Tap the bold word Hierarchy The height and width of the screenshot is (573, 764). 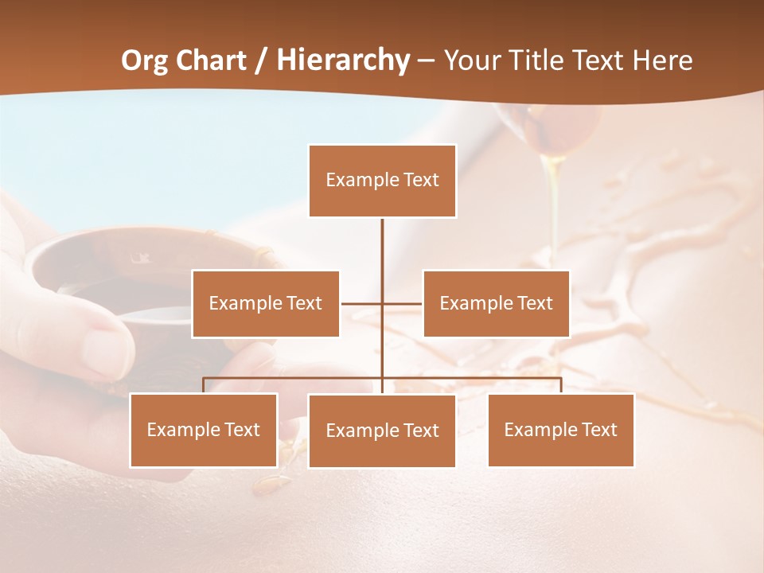(343, 60)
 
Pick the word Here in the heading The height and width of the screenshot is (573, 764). (662, 60)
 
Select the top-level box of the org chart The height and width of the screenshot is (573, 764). (382, 181)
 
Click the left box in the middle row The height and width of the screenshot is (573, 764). (266, 303)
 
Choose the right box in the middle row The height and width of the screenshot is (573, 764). (496, 303)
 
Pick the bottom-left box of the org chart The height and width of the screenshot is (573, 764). (204, 430)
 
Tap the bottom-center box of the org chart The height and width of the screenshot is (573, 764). (382, 431)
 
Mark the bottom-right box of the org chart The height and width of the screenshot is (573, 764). (560, 430)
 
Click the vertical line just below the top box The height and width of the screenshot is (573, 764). (382, 239)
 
